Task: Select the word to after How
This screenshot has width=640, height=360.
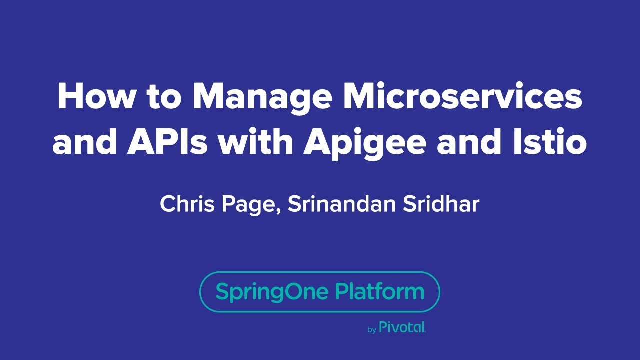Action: pyautogui.click(x=163, y=97)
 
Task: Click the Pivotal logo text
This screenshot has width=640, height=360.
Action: pyautogui.click(x=402, y=328)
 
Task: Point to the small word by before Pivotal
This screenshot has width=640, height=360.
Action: pyautogui.click(x=372, y=330)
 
